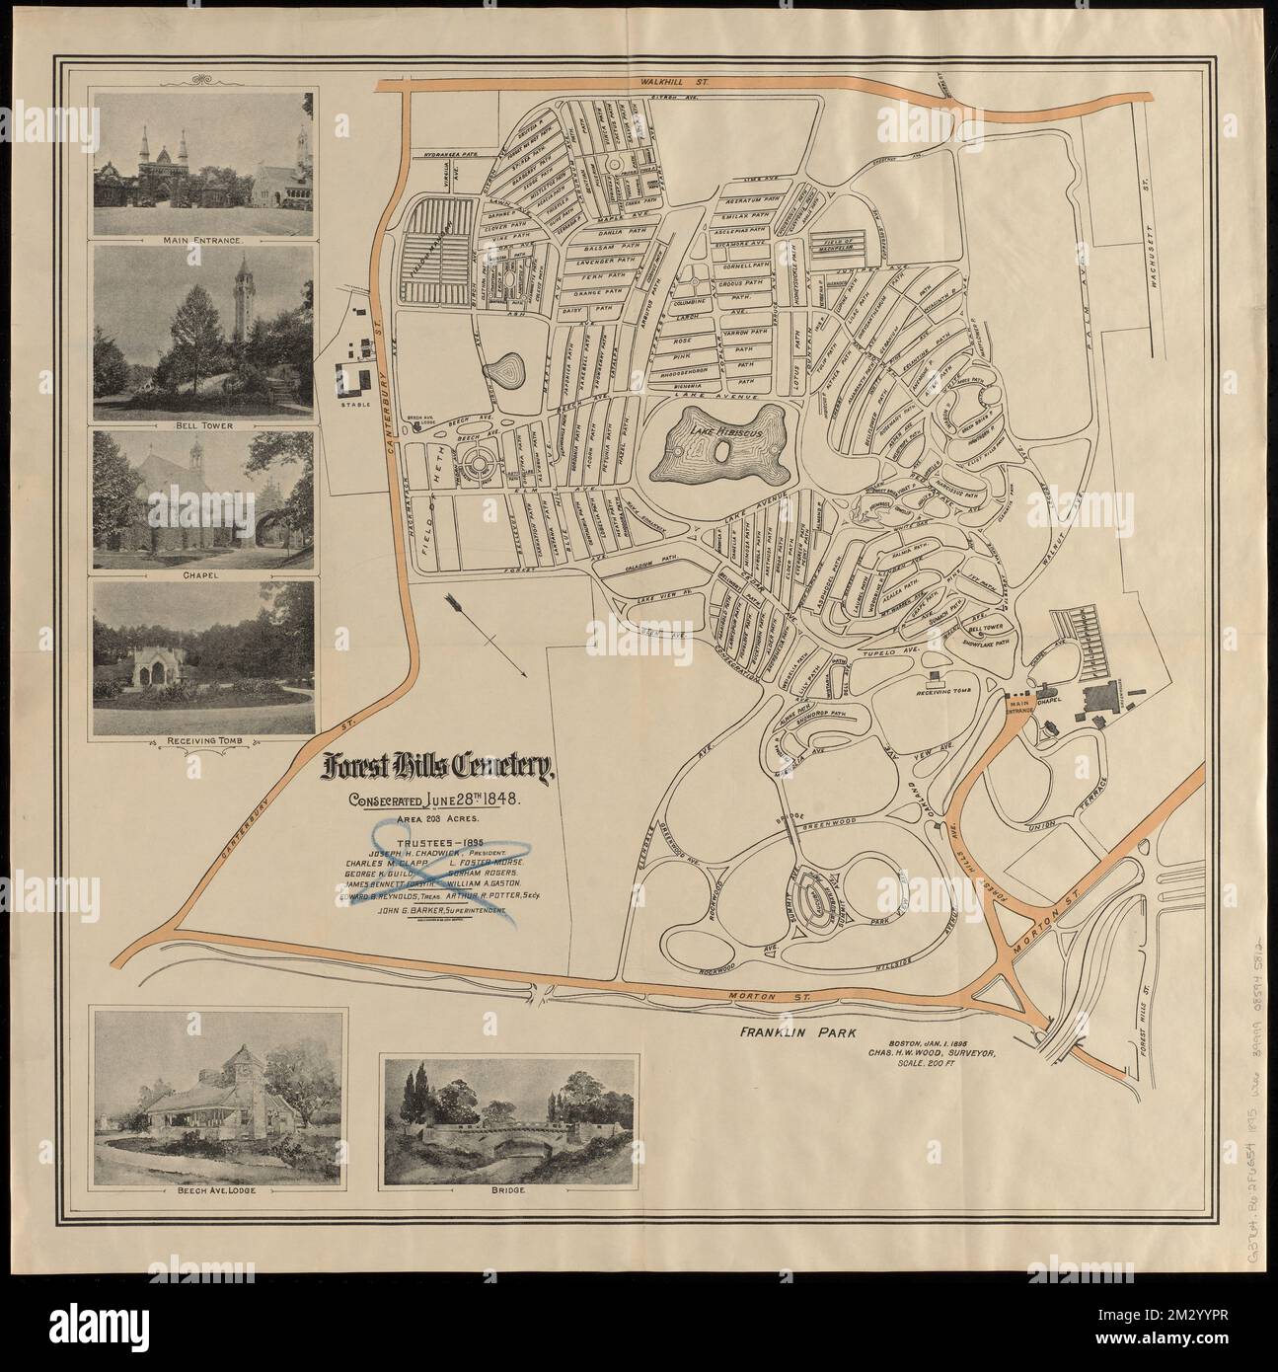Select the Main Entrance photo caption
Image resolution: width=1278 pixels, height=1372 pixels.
(202, 238)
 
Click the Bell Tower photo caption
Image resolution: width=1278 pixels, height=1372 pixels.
(202, 417)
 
